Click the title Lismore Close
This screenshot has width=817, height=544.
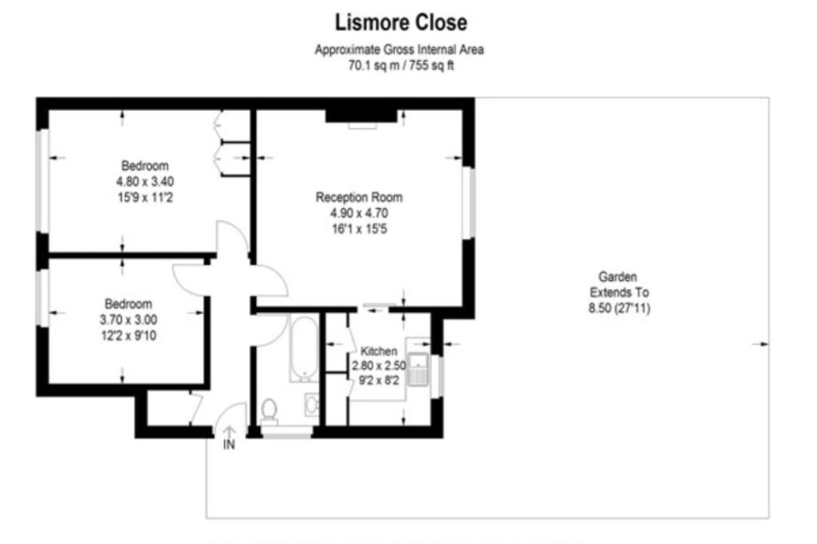coord(401,22)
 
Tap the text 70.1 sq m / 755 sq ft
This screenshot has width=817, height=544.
coord(399,65)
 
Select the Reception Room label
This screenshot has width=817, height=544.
coord(359,197)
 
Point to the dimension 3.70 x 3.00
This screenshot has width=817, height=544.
coord(128,319)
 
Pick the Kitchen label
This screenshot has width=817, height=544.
coord(378,351)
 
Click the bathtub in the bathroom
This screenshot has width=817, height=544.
coord(303,348)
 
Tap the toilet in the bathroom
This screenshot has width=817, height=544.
coord(269,410)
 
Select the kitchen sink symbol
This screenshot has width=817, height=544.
coord(419,369)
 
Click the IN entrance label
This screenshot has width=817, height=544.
coord(229,445)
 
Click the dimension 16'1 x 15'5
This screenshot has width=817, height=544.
coord(359,229)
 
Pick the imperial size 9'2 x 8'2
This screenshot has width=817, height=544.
coord(379,380)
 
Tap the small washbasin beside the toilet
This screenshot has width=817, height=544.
coord(311,405)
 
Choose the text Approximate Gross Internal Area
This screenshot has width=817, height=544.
coord(399,49)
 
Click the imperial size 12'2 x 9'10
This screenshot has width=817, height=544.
coord(128,334)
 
